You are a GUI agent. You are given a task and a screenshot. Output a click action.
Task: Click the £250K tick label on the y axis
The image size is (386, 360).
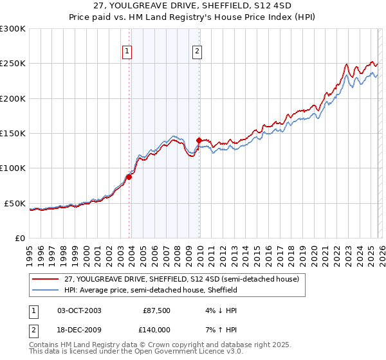click(13, 64)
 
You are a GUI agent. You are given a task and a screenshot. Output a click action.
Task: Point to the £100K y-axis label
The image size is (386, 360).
click(13, 168)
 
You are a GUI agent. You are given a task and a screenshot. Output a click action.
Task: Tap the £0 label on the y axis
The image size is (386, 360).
click(19, 238)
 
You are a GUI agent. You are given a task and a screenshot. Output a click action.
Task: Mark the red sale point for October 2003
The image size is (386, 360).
click(129, 177)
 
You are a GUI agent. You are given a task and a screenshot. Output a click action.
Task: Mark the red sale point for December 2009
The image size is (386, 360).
click(199, 140)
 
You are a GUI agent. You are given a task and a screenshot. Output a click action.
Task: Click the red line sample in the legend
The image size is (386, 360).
click(46, 280)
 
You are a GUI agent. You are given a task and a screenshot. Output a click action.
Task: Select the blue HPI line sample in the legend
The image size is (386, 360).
click(46, 291)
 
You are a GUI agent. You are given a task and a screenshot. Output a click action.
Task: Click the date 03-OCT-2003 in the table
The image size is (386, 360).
click(79, 310)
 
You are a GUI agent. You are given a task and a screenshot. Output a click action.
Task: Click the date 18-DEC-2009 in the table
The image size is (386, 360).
click(79, 332)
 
